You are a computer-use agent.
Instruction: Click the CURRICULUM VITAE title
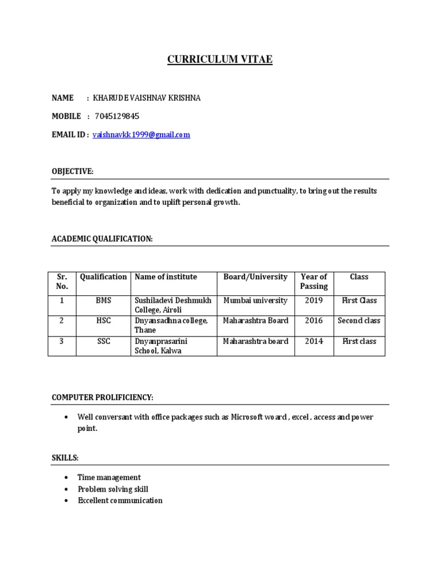(x=219, y=60)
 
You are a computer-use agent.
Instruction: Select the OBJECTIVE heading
(x=72, y=172)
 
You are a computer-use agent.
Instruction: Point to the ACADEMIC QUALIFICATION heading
(x=102, y=239)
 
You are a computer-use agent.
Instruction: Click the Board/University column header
(x=255, y=277)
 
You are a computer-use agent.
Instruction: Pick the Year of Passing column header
(x=314, y=282)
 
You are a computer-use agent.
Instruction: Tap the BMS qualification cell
(x=103, y=300)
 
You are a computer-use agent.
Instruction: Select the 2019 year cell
(x=314, y=300)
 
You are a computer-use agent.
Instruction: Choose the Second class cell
(x=359, y=320)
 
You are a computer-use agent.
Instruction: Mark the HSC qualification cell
(x=103, y=320)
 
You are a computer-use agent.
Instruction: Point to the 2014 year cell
(x=314, y=341)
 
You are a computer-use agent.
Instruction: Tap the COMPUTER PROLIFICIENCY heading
(x=103, y=397)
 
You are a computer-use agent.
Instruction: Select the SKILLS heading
(x=65, y=458)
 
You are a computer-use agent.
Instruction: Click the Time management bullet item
(x=109, y=477)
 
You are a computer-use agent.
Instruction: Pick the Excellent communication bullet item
(x=120, y=501)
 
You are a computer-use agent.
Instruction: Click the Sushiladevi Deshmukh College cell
(x=172, y=305)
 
